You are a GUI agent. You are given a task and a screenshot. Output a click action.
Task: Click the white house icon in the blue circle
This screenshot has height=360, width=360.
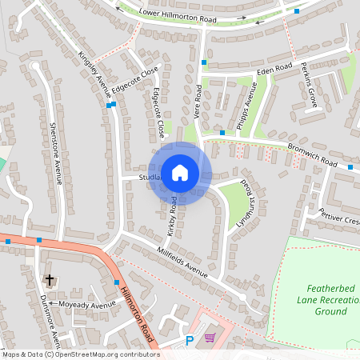click(180, 173)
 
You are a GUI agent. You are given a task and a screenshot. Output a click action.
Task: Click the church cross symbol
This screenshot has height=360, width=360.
click(50, 280)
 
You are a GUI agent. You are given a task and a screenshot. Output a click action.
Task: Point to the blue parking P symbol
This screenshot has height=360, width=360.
click(190, 341)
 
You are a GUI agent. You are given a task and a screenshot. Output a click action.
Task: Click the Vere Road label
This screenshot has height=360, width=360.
click(198, 103)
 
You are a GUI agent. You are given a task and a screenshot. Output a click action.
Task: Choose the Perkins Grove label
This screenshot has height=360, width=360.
click(313, 86)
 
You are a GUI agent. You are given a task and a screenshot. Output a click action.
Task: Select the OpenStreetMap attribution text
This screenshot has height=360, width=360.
click(80, 354)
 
